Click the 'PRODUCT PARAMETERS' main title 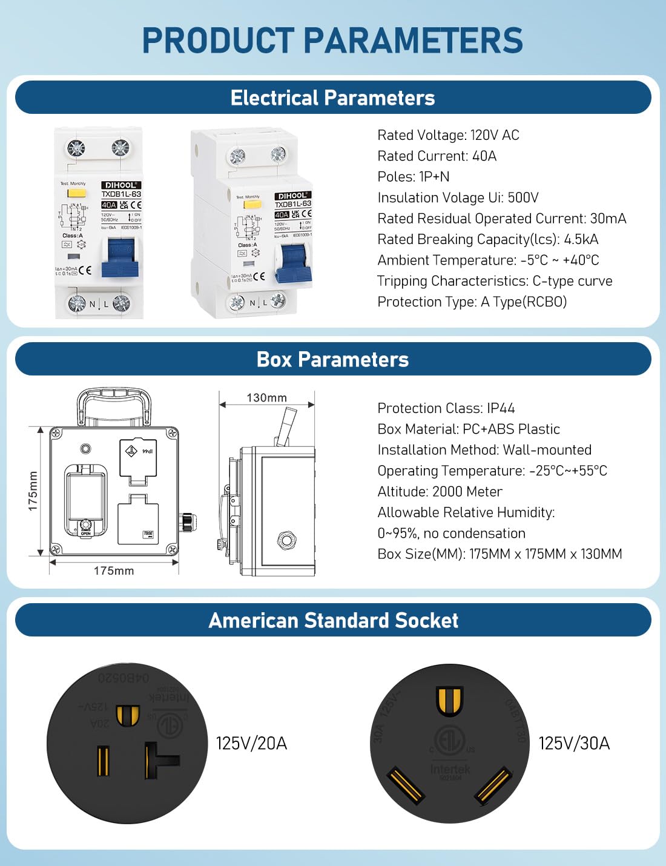332,41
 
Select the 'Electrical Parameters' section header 332,98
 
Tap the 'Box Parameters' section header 332,359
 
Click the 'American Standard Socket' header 333,620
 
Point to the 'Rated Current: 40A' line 437,156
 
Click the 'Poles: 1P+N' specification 413,177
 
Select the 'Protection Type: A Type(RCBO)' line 472,302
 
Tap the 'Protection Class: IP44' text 446,408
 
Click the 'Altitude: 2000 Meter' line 440,492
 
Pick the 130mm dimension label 266,398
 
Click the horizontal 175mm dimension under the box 114,570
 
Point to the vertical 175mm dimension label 33,491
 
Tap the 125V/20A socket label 251,743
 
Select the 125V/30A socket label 574,743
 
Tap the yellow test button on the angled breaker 252,205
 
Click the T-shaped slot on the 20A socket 159,761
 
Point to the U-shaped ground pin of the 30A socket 449,701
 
